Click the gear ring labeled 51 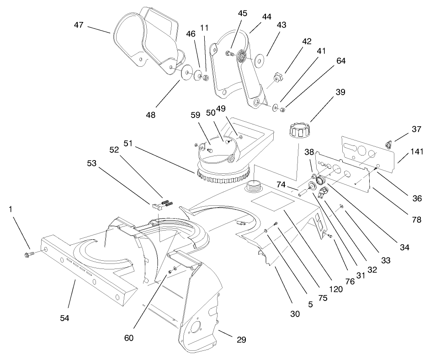click(x=224, y=175)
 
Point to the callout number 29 click(x=241, y=339)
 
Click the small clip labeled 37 click(x=388, y=145)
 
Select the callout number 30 click(x=294, y=314)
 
